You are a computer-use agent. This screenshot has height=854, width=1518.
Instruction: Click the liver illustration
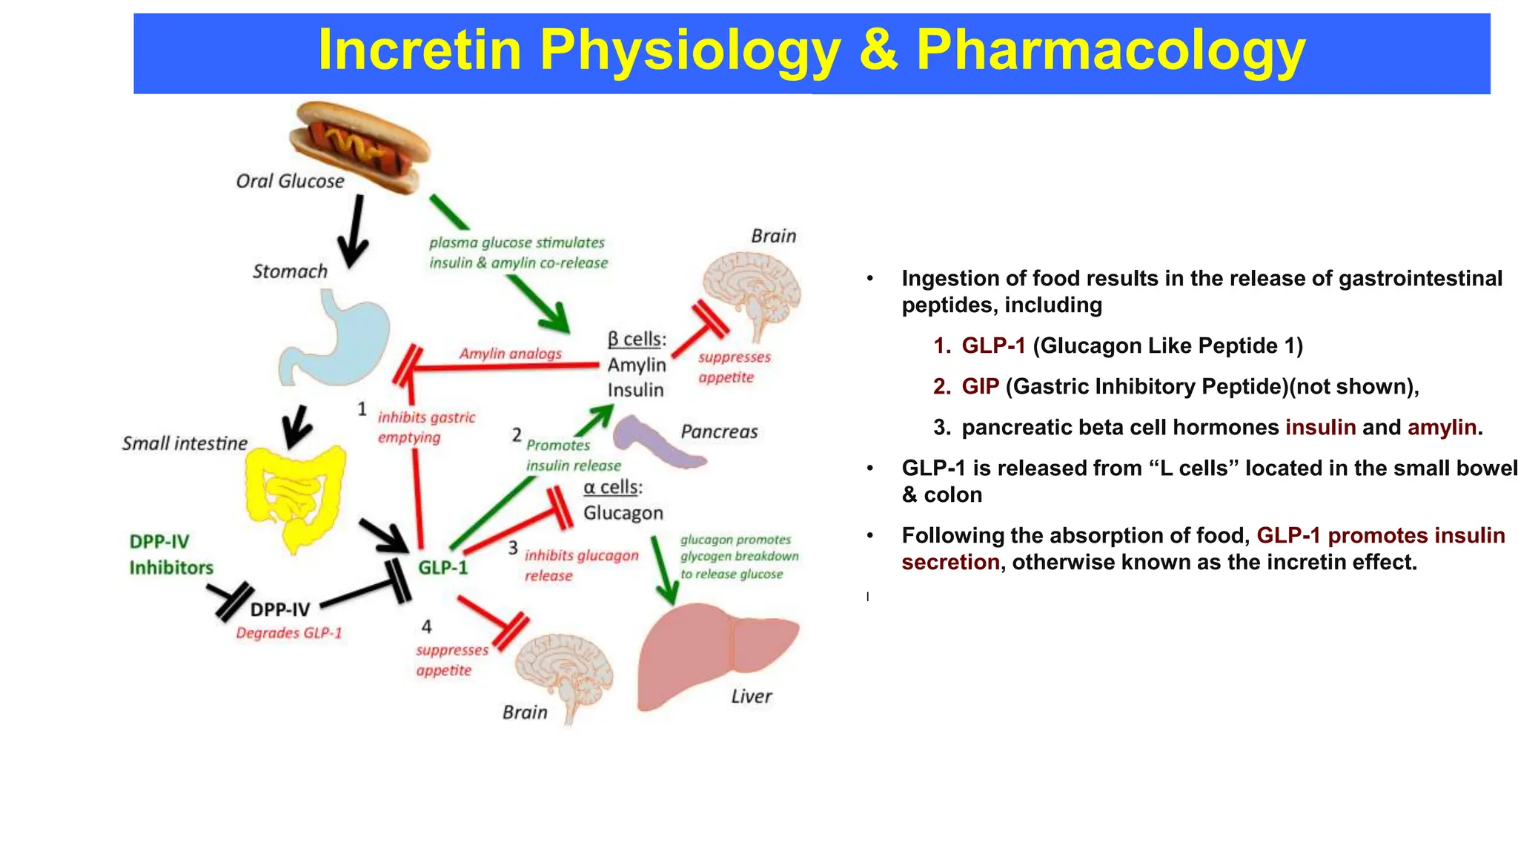712,652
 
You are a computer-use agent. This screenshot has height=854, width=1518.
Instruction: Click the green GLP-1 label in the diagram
443,568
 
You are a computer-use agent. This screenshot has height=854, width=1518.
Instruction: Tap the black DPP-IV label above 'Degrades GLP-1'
280,609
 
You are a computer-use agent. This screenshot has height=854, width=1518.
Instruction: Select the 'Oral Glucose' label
290,182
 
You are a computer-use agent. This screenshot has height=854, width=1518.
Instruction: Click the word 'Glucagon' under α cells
623,513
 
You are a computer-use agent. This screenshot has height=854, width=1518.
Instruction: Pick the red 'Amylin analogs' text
510,354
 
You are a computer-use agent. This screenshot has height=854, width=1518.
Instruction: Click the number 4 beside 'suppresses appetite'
426,627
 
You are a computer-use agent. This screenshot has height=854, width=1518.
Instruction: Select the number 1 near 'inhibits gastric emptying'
362,409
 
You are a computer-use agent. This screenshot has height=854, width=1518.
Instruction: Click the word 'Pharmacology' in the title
1110,50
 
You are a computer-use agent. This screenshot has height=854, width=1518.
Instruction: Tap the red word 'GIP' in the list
980,387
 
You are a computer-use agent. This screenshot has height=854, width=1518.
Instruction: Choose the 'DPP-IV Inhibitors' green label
171,555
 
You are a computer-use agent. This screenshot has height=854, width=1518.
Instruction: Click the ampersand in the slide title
878,50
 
